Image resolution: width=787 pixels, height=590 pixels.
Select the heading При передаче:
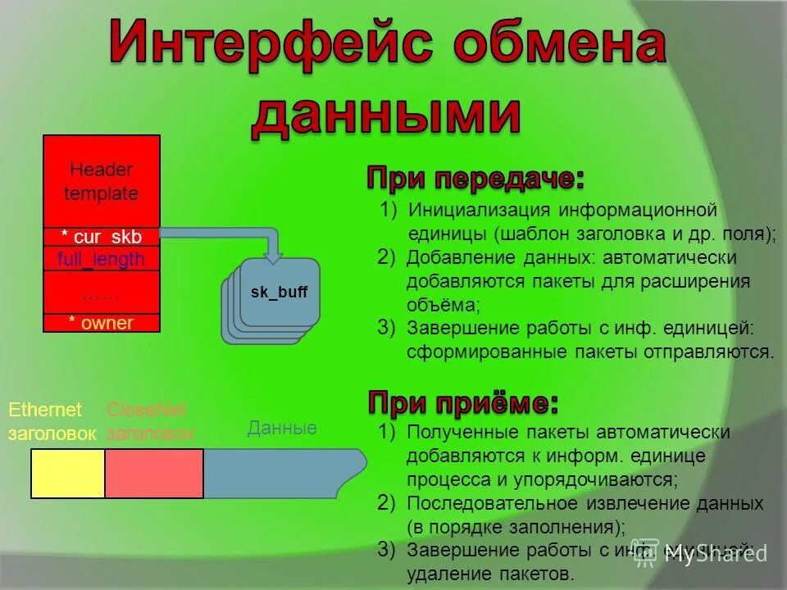pos(475,178)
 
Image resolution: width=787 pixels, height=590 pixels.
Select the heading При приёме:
pos(463,403)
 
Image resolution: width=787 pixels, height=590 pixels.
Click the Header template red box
pos(102,181)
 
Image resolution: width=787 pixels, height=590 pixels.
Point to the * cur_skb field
pos(102,237)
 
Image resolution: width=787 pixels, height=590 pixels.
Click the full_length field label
pos(102,260)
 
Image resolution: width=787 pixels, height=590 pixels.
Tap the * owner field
pos(102,323)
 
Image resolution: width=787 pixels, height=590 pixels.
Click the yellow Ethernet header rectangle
pos(68,473)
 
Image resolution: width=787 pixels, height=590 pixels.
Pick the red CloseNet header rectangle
pos(154,473)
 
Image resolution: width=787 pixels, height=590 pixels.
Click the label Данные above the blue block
pos(282,428)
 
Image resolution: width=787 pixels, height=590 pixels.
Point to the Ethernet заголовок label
pos(52,421)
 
